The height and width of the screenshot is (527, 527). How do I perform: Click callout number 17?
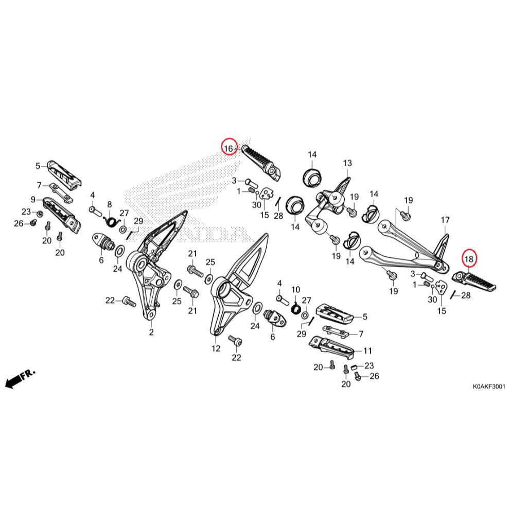(445, 220)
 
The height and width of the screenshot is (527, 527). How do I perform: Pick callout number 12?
(215, 348)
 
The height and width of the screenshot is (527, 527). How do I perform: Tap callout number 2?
(151, 332)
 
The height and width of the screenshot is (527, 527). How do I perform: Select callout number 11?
(367, 351)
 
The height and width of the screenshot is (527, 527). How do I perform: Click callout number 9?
(33, 199)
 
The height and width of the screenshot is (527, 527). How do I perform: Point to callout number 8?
(109, 204)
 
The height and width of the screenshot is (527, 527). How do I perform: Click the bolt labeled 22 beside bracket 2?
(128, 302)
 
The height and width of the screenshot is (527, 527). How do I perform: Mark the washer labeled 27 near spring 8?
(124, 229)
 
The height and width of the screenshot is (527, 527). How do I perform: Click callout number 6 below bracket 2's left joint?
(101, 260)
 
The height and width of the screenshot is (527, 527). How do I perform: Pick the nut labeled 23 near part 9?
(40, 213)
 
